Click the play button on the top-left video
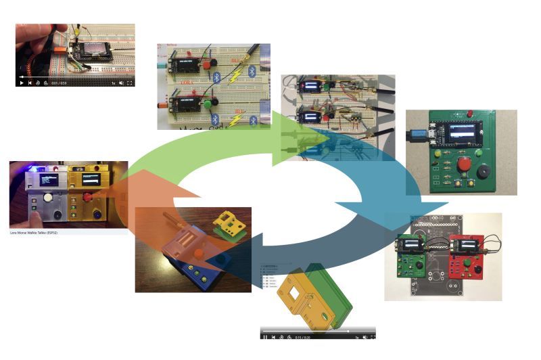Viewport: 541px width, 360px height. coord(21,83)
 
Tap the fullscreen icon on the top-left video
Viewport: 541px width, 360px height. coord(129,83)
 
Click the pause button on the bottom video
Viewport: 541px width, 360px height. coord(265,336)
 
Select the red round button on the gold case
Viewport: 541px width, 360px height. coord(88,197)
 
